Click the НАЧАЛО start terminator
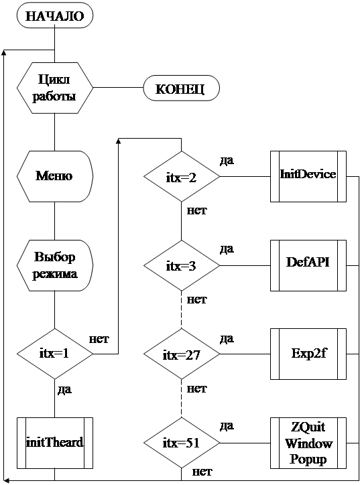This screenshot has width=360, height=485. click(x=55, y=15)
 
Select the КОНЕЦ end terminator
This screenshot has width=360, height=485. click(x=182, y=88)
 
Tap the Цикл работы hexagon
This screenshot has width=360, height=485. click(x=55, y=88)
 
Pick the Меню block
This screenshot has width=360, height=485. click(x=55, y=176)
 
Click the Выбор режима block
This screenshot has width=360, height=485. click(x=55, y=265)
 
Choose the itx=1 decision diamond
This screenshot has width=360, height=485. click(x=55, y=354)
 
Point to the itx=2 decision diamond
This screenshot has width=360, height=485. click(x=182, y=177)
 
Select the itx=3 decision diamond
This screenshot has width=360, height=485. click(x=182, y=265)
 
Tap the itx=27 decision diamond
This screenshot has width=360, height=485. click(x=182, y=354)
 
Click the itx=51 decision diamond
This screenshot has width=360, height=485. click(x=182, y=443)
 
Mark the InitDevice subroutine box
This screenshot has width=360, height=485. click(x=308, y=177)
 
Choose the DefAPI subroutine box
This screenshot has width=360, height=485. click(x=308, y=265)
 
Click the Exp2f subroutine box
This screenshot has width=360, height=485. click(x=308, y=354)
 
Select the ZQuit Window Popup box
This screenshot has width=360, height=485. click(x=308, y=443)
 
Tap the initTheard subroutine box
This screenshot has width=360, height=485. click(x=55, y=443)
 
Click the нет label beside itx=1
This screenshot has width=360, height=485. click(x=99, y=340)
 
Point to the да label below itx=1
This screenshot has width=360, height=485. click(x=65, y=390)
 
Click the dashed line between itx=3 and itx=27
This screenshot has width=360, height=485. click(x=182, y=309)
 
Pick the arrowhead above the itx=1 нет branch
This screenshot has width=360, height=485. click(x=118, y=141)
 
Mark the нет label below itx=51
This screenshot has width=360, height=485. click(x=202, y=472)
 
